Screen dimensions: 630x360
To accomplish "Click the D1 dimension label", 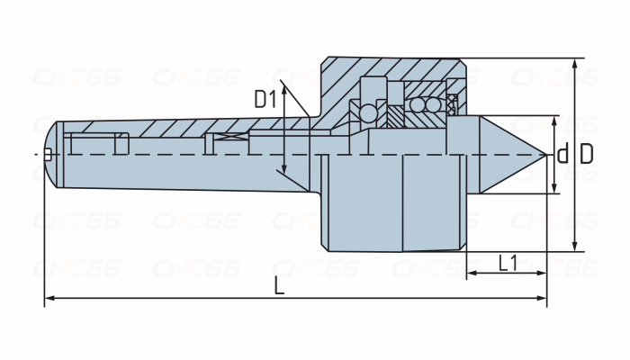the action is (265, 99).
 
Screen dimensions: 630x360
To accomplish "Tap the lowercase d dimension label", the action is (562, 153).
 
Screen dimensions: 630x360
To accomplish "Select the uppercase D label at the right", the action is (587, 154).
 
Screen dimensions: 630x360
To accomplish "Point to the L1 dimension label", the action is (508, 263).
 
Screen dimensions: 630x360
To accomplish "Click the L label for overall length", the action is (279, 286).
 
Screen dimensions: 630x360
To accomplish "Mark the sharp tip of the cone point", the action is (546, 155).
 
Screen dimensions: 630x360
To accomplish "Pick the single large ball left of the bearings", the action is (368, 112).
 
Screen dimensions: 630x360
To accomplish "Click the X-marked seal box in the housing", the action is (452, 105).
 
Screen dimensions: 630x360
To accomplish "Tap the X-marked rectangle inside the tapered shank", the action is (230, 137).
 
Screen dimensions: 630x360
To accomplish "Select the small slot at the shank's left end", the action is (48, 154).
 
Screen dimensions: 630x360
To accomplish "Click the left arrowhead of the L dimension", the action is (49, 298).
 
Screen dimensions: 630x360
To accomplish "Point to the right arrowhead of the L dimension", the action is (542, 298).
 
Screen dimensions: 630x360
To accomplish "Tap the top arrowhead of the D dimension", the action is (575, 64).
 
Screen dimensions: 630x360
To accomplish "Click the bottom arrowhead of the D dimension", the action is (575, 247).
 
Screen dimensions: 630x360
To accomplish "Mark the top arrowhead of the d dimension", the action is (554, 121).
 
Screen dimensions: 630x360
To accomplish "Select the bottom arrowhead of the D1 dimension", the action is (284, 169).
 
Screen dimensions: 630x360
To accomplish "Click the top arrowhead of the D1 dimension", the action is (284, 91).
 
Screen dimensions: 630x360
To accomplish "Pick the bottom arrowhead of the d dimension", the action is (554, 188).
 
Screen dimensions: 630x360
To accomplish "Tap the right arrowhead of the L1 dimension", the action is (542, 274).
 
